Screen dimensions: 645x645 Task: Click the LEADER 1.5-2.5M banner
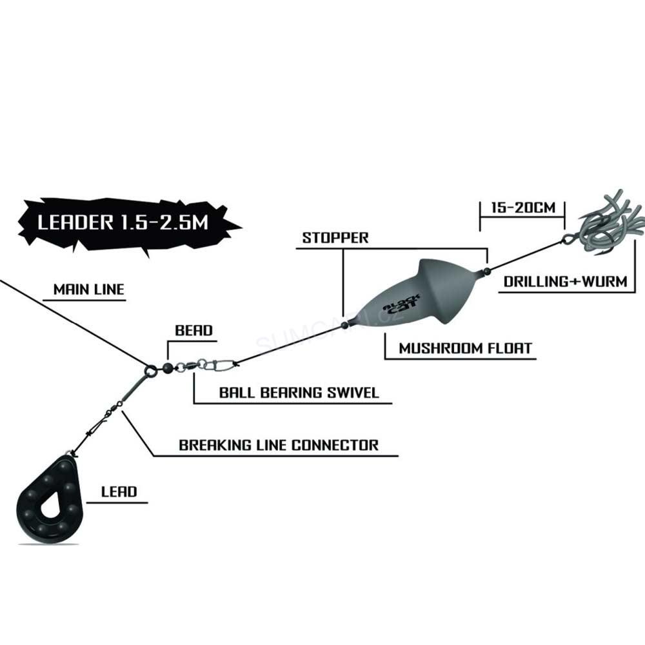123,223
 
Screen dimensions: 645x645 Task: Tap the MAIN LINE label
88,290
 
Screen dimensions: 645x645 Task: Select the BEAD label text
193,331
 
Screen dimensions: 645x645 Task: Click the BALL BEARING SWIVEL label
299,392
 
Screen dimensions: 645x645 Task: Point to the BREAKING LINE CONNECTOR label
279,445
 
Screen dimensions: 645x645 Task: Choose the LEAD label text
119,491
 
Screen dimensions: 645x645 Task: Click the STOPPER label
335,237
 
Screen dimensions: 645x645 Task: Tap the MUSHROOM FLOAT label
465,349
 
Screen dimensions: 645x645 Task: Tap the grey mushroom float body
413,297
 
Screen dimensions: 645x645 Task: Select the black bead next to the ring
166,368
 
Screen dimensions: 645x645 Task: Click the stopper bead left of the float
344,326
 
